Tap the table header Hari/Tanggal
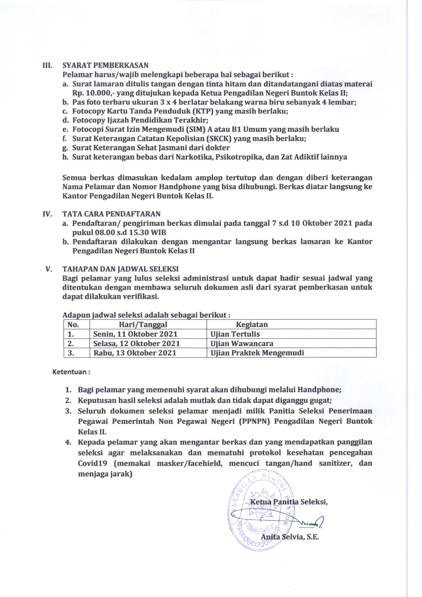tap(143, 324)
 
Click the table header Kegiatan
tap(252, 324)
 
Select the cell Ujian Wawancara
tap(242, 343)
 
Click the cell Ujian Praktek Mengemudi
tap(257, 353)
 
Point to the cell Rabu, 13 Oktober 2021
tap(135, 353)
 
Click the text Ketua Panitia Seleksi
tap(289, 502)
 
